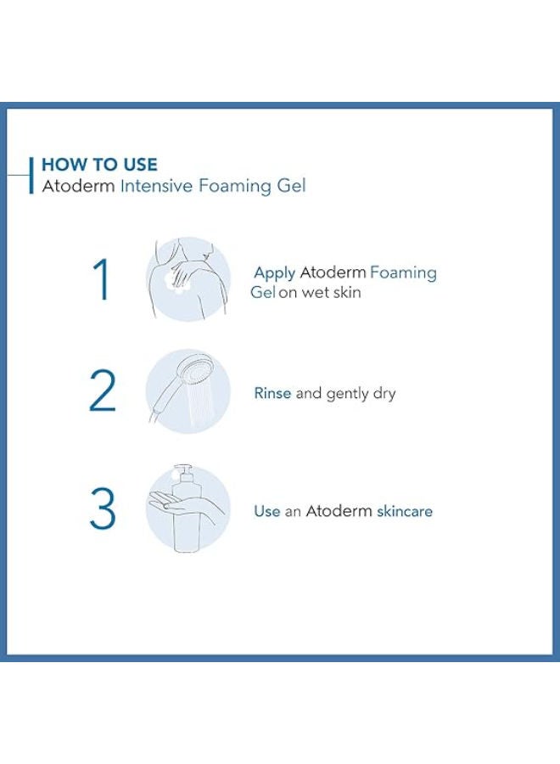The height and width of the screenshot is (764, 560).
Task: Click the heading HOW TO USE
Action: pos(99,165)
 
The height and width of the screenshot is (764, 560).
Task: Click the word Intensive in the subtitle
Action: pos(157,185)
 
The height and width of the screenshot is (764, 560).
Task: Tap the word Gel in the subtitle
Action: pos(289,185)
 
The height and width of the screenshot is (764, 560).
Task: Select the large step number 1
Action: pos(102,281)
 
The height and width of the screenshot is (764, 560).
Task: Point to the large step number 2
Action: pos(102,392)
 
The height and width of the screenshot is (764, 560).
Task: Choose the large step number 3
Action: pos(102,510)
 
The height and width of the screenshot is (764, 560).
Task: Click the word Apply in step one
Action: pos(274,273)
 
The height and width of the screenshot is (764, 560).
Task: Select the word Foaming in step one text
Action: pos(404,272)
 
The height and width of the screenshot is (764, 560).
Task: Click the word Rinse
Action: pos(272,394)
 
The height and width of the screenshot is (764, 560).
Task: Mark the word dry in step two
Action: pos(384,395)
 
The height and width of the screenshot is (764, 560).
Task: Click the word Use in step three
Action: pos(266,512)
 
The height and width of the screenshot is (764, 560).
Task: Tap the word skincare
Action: pos(404,512)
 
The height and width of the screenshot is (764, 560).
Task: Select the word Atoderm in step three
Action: pos(339,512)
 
